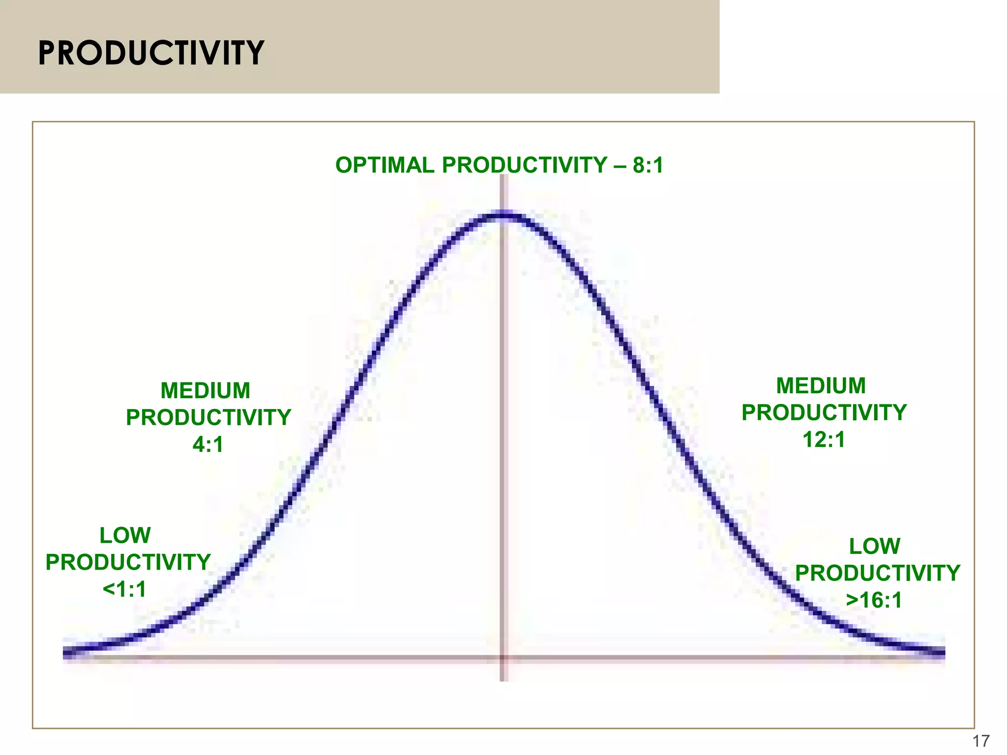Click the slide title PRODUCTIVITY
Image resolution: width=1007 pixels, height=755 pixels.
pyautogui.click(x=151, y=53)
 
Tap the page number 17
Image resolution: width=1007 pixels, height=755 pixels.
pyautogui.click(x=981, y=741)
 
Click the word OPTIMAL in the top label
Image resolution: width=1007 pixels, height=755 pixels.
pyautogui.click(x=385, y=165)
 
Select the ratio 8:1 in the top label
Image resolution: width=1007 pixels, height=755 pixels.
pyautogui.click(x=648, y=165)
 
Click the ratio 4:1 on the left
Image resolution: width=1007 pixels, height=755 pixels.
pyautogui.click(x=208, y=445)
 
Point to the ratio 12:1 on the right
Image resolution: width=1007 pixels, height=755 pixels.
pyautogui.click(x=824, y=439)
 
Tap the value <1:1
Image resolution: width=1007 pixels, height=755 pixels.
pyautogui.click(x=125, y=589)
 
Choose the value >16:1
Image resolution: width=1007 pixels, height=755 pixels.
pyautogui.click(x=874, y=600)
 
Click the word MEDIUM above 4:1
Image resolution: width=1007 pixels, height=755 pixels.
pyautogui.click(x=206, y=391)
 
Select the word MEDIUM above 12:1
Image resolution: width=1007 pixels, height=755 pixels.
pyautogui.click(x=821, y=386)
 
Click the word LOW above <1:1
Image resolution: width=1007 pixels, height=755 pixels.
pyautogui.click(x=125, y=535)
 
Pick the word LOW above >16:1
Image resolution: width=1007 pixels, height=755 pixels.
pyautogui.click(x=875, y=546)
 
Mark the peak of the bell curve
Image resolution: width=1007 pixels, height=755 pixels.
pyautogui.click(x=504, y=215)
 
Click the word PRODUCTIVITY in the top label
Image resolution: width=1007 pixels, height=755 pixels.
pyautogui.click(x=525, y=165)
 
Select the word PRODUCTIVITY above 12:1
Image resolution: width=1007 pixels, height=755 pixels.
pyautogui.click(x=824, y=412)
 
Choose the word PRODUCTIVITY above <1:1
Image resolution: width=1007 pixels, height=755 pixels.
pyautogui.click(x=128, y=562)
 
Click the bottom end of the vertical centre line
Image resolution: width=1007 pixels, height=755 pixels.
pyautogui.click(x=504, y=679)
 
